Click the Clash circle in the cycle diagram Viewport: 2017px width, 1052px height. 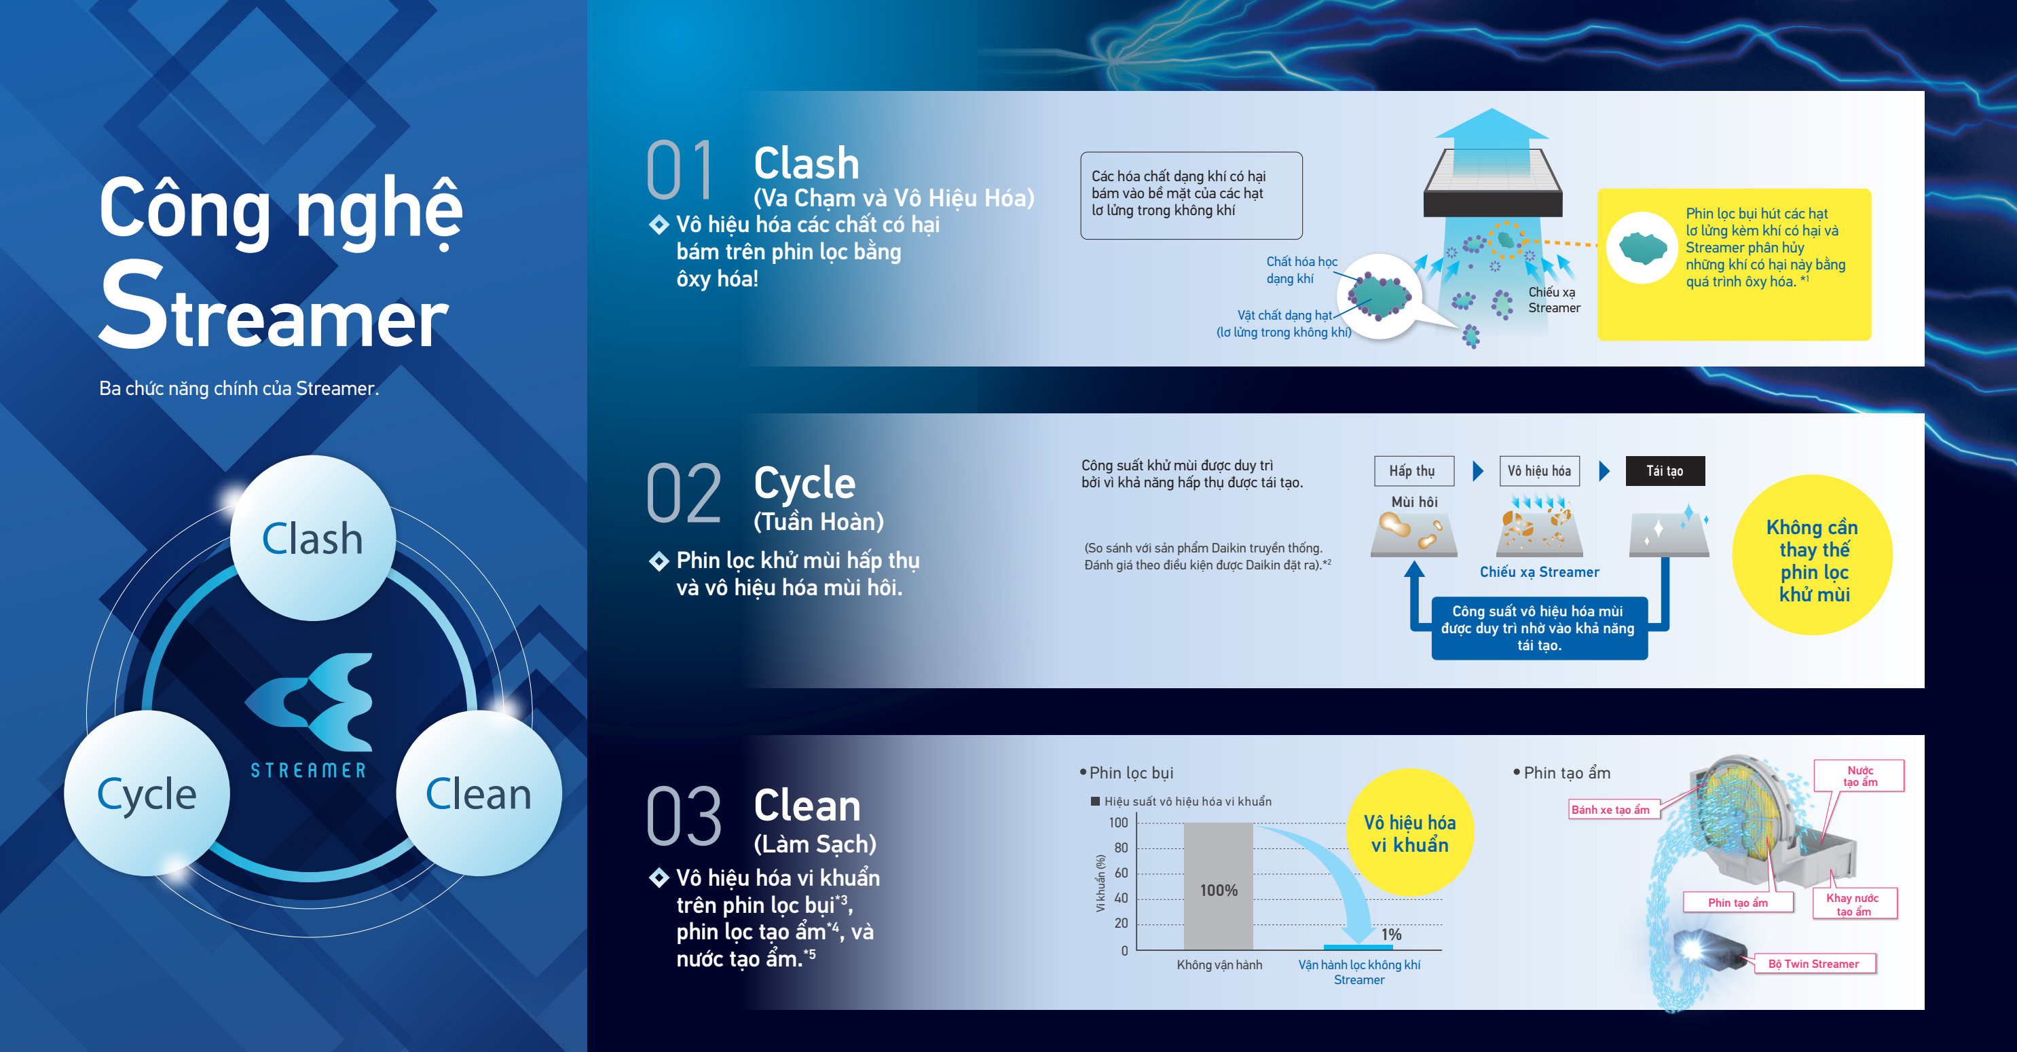point(312,538)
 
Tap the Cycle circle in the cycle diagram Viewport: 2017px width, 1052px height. point(147,793)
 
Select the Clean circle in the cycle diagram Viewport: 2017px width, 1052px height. point(479,793)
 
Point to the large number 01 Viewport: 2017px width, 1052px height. point(680,170)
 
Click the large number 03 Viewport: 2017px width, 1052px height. point(684,816)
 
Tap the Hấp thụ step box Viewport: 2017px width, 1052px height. point(1413,470)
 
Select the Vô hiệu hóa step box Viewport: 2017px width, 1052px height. point(1538,470)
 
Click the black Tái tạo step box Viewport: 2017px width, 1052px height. point(1665,470)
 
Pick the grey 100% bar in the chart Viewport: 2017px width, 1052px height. point(1219,886)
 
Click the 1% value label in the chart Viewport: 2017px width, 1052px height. point(1391,934)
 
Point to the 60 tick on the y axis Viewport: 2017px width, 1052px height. point(1122,873)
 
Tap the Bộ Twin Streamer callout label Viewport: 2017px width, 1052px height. point(1813,964)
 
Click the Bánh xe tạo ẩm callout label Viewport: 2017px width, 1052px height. point(1610,809)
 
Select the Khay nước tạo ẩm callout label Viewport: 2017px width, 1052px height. point(1853,904)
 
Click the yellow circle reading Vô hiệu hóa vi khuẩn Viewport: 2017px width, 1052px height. point(1409,833)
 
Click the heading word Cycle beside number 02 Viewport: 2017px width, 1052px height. point(804,483)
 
